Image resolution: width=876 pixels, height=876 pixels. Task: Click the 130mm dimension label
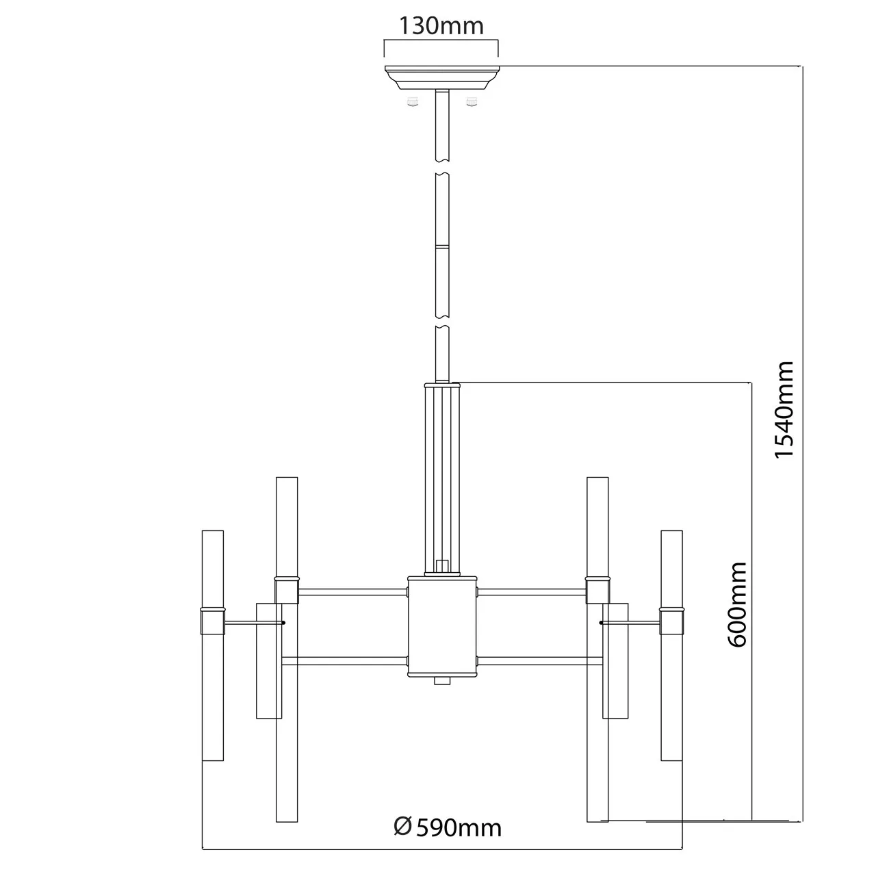(441, 26)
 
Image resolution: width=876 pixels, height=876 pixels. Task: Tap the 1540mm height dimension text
(784, 409)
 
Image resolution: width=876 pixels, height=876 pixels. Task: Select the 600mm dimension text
(737, 604)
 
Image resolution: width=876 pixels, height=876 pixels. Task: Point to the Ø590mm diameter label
(448, 827)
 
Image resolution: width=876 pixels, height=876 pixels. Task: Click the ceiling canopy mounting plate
(442, 78)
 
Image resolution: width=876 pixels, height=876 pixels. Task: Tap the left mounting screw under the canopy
(413, 101)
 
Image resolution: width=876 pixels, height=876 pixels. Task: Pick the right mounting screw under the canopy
(472, 101)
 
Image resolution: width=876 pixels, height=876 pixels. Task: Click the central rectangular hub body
(442, 627)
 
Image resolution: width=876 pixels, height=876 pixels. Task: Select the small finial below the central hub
(442, 680)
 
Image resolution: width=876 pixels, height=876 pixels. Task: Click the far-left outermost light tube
(213, 645)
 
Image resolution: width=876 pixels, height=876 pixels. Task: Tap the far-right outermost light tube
(671, 645)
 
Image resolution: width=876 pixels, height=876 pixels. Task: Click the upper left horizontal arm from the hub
(352, 593)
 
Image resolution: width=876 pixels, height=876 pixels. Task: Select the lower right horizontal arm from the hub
(539, 661)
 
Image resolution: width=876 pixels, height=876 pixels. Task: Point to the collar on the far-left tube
(213, 621)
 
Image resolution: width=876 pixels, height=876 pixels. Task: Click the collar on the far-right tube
(671, 621)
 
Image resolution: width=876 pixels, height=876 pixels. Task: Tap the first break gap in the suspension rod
(442, 167)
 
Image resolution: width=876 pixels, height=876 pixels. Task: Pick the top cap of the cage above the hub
(442, 385)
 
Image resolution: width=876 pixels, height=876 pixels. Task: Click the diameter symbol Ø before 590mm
(402, 827)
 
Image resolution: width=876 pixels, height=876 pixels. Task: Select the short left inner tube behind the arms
(269, 660)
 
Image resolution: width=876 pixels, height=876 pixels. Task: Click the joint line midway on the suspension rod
(442, 246)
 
